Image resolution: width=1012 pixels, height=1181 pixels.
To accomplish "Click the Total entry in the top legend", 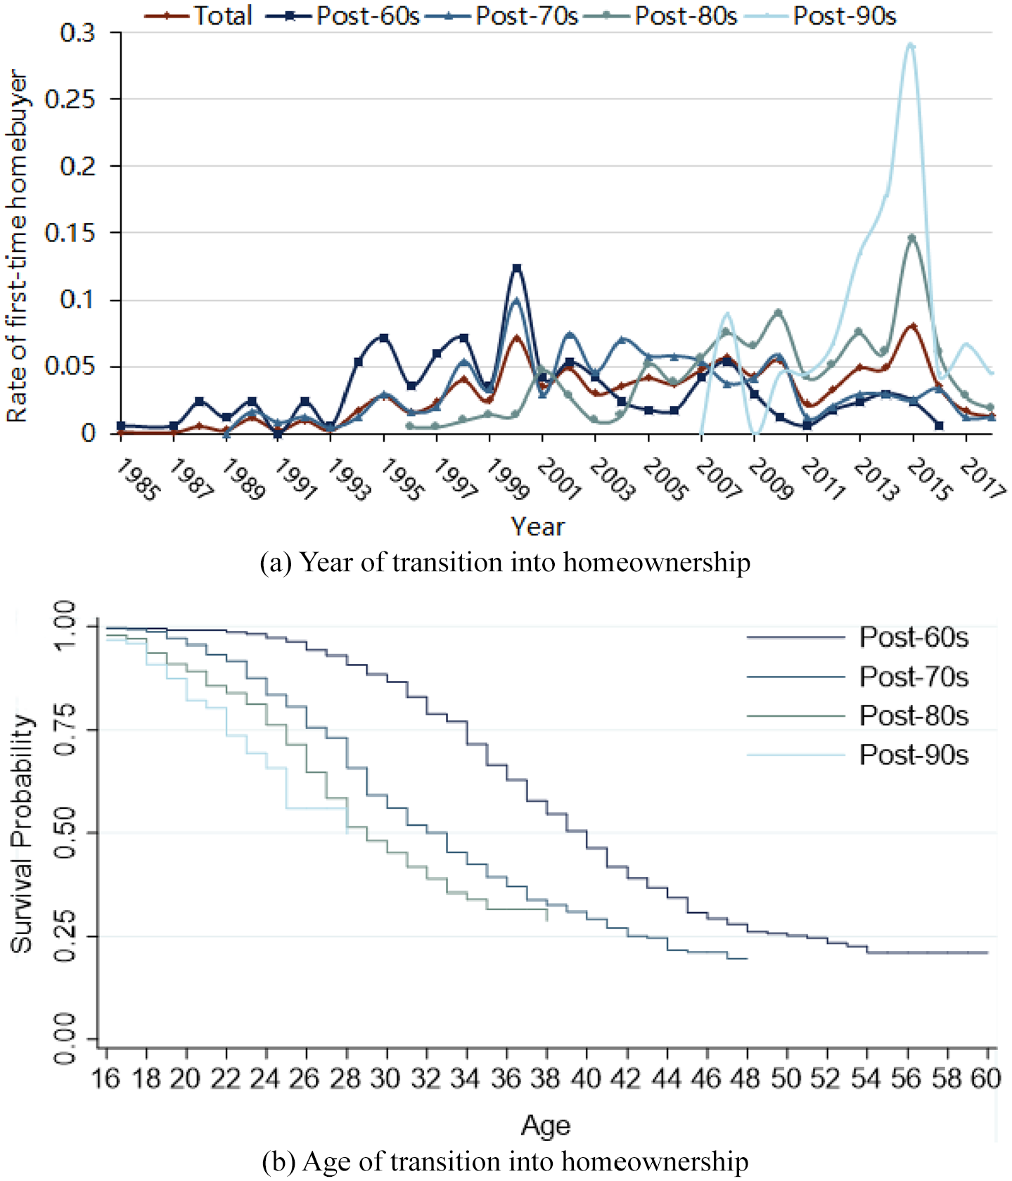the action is pos(198,15).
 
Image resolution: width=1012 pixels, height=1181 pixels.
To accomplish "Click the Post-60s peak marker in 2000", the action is pos(517,268).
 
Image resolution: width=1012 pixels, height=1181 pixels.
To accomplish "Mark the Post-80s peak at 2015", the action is pos(912,238).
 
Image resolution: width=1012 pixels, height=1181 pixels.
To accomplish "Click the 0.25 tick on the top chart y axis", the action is pos(70,99).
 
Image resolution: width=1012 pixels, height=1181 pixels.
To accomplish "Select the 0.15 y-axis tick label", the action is pos(70,233).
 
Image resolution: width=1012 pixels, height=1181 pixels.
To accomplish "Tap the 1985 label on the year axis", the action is pos(136,479).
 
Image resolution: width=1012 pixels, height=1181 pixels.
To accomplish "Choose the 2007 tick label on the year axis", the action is pos(717,479).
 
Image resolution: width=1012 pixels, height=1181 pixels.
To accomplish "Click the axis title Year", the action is pos(538,527).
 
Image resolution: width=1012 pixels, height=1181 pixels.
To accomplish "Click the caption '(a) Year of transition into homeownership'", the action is pos(505,563).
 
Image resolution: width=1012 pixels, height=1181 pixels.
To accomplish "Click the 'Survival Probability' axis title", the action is pos(23,834).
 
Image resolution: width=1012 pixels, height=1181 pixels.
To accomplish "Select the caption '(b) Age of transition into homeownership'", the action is pos(505,1161).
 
